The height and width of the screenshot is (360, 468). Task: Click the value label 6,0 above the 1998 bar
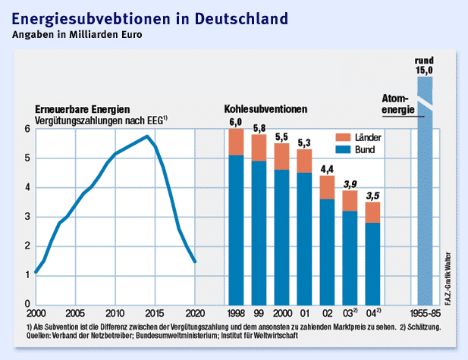tap(236, 122)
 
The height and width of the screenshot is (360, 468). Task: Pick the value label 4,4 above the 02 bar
tap(327, 168)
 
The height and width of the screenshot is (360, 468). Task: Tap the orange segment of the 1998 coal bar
tap(236, 142)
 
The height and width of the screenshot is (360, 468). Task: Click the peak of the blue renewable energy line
tap(146, 136)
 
